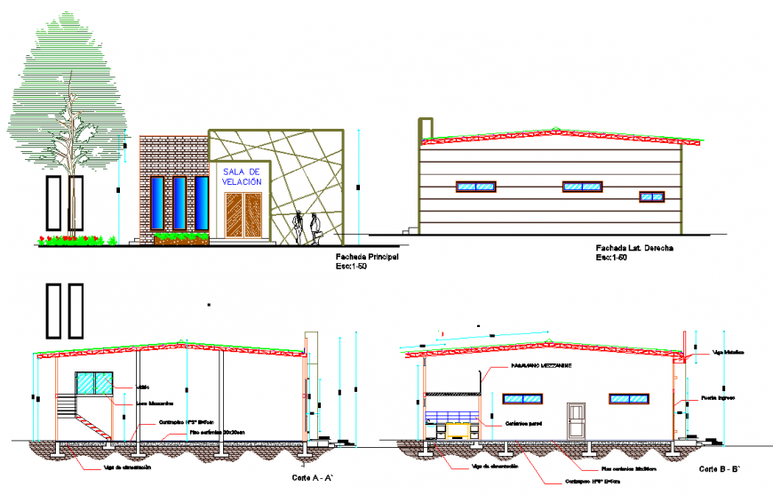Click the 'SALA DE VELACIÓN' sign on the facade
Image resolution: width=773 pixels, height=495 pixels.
(x=243, y=176)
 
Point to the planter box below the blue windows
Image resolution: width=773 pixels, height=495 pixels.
(x=181, y=238)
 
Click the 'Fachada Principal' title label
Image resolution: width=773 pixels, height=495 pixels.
(x=367, y=257)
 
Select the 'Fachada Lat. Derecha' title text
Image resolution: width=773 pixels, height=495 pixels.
(x=633, y=249)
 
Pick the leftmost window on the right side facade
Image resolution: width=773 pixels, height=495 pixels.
(x=475, y=187)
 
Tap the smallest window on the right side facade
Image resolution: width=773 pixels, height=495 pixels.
(x=651, y=196)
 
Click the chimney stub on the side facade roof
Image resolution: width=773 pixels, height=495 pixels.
(x=426, y=128)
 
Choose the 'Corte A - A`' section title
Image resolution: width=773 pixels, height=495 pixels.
(x=312, y=479)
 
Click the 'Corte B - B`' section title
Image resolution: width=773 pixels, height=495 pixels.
(x=719, y=467)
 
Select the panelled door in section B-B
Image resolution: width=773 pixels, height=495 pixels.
(x=577, y=420)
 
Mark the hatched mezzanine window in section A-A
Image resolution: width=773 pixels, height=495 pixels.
(x=95, y=383)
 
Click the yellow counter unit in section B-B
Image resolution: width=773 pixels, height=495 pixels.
(x=458, y=430)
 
